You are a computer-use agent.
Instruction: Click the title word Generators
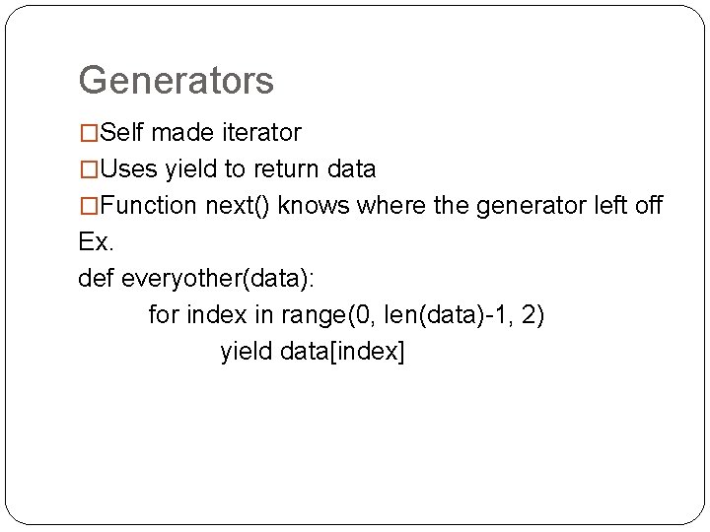pyautogui.click(x=176, y=81)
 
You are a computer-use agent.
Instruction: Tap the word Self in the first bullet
pyautogui.click(x=121, y=132)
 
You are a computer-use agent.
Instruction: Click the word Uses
pyautogui.click(x=128, y=169)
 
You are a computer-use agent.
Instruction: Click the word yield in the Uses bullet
pyautogui.click(x=191, y=169)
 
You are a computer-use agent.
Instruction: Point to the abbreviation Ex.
pyautogui.click(x=96, y=242)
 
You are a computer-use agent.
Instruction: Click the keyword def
pyautogui.click(x=96, y=279)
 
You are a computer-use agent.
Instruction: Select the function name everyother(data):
pyautogui.click(x=217, y=279)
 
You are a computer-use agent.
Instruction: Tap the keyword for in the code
pyautogui.click(x=164, y=315)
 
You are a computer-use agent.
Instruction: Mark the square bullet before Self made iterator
pyautogui.click(x=89, y=133)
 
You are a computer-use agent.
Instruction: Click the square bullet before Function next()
pyautogui.click(x=89, y=207)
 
